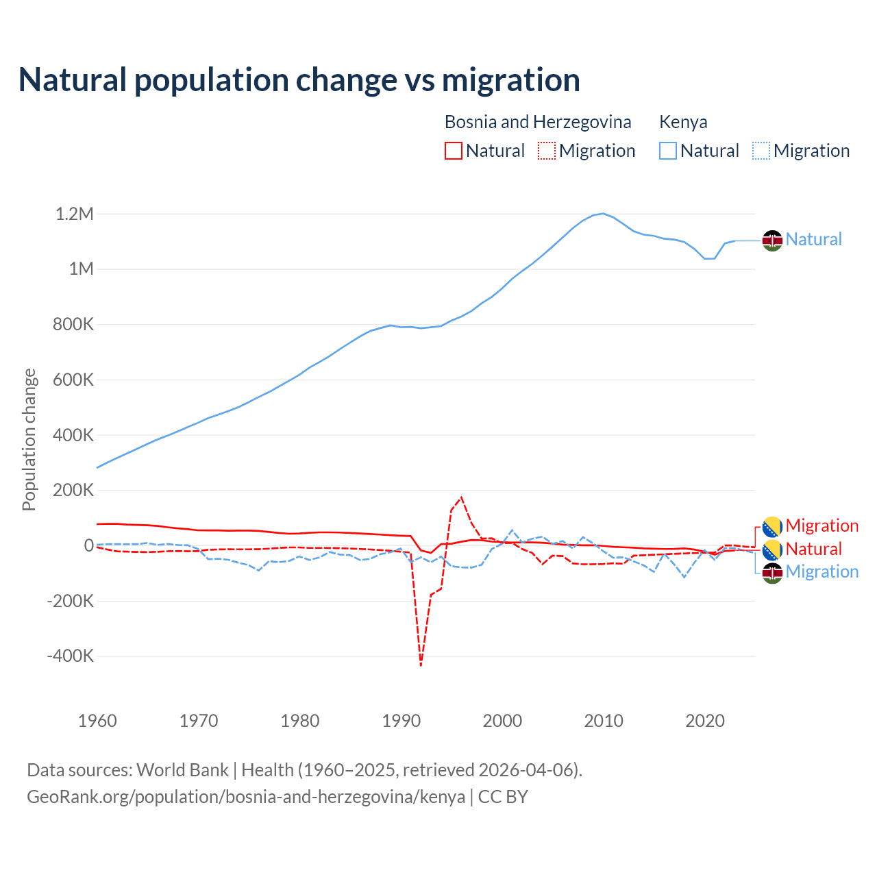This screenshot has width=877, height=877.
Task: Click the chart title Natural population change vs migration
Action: click(x=299, y=79)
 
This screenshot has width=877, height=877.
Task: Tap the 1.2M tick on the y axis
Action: click(x=75, y=214)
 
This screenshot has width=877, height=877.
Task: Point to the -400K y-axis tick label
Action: click(x=71, y=656)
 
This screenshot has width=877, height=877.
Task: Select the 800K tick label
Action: click(x=73, y=325)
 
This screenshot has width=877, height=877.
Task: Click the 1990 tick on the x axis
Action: click(x=401, y=721)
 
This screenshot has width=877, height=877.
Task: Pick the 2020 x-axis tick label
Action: click(x=705, y=721)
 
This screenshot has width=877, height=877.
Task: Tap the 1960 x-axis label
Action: click(x=97, y=721)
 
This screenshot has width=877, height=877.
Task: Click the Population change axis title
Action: click(x=29, y=439)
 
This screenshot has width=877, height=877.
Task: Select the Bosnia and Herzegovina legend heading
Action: click(x=538, y=122)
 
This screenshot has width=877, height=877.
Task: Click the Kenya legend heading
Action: click(x=683, y=122)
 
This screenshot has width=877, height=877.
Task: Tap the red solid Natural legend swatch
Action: click(x=454, y=151)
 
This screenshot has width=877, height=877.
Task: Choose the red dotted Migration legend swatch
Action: click(x=547, y=151)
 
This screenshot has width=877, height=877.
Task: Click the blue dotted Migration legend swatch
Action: click(x=761, y=151)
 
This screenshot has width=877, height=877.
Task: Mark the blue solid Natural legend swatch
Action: click(x=668, y=151)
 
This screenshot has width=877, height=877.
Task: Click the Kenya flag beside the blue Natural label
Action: click(x=773, y=240)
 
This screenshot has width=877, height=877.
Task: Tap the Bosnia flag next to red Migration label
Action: click(x=773, y=526)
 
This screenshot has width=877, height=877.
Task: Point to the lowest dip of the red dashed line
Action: click(x=421, y=665)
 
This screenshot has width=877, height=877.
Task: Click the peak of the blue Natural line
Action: click(x=603, y=213)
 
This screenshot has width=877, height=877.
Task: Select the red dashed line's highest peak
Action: click(x=462, y=497)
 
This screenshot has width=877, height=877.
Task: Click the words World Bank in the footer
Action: click(x=182, y=770)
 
